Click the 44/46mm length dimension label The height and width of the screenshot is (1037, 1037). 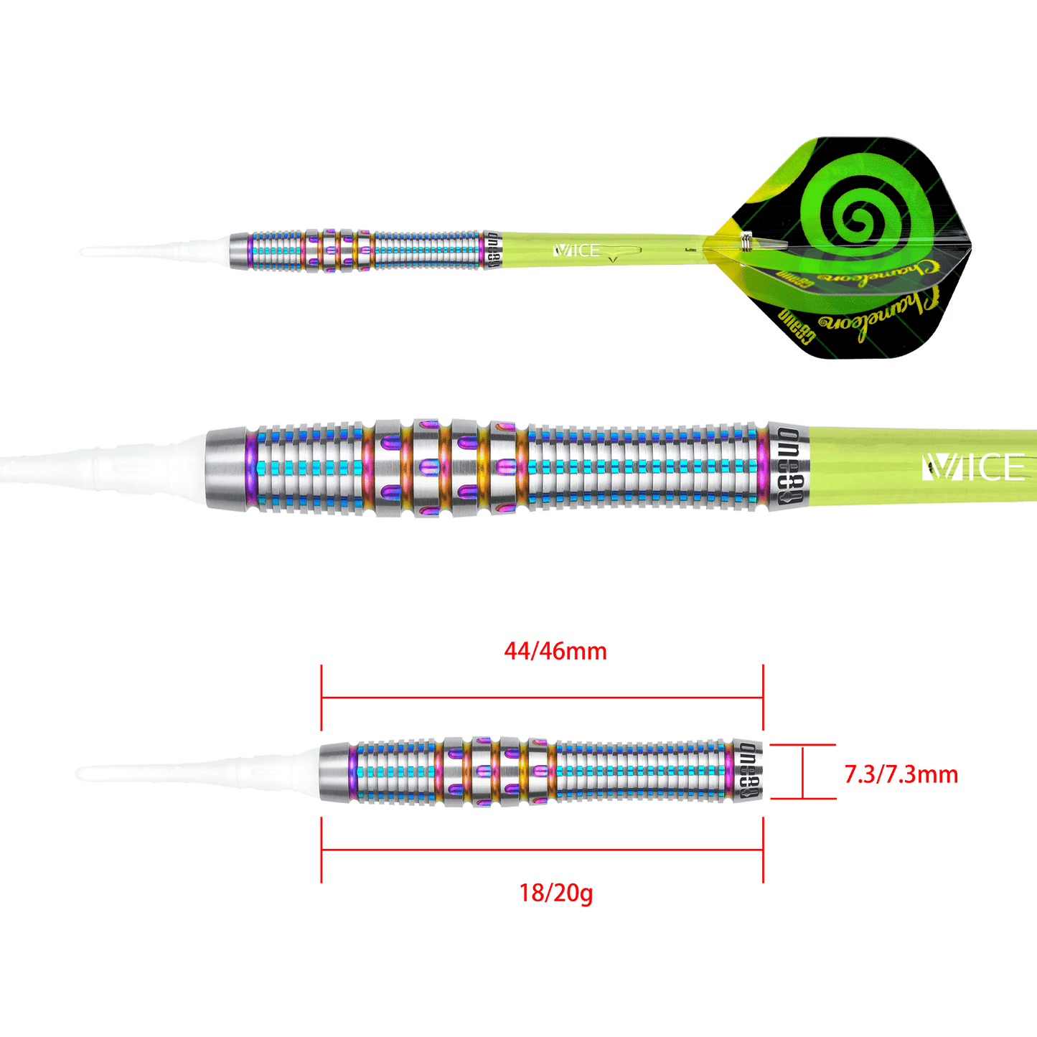(x=555, y=652)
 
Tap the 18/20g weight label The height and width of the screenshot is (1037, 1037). (x=555, y=893)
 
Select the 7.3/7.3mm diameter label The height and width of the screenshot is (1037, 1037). (x=901, y=774)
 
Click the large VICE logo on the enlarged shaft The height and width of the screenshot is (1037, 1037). (x=973, y=467)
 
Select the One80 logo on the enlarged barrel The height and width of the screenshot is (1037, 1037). (x=787, y=467)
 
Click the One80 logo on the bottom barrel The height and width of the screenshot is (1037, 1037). (x=747, y=773)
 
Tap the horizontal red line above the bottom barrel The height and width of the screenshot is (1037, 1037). (x=542, y=696)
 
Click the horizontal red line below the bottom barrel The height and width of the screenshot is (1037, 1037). (x=542, y=849)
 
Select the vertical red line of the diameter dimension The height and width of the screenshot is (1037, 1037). (x=802, y=772)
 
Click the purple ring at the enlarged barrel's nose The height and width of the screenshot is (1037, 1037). (x=250, y=467)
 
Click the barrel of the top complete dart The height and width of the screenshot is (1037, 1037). (x=359, y=250)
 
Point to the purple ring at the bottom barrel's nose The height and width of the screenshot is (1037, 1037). (x=353, y=773)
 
